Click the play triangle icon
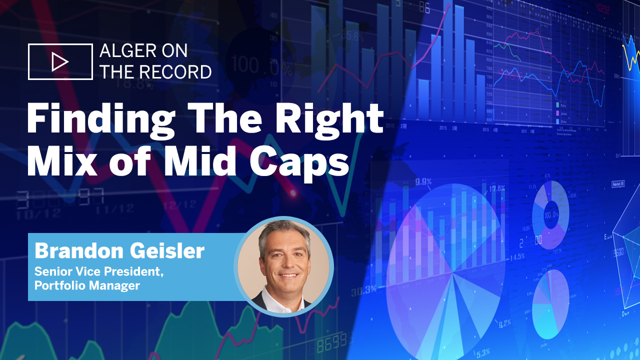pos(60,62)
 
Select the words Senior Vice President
pos(99,273)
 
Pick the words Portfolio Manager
pos(86,286)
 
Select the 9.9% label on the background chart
pos(423,181)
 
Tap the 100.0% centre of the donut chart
pos(551,215)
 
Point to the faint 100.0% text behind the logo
pos(252,65)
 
